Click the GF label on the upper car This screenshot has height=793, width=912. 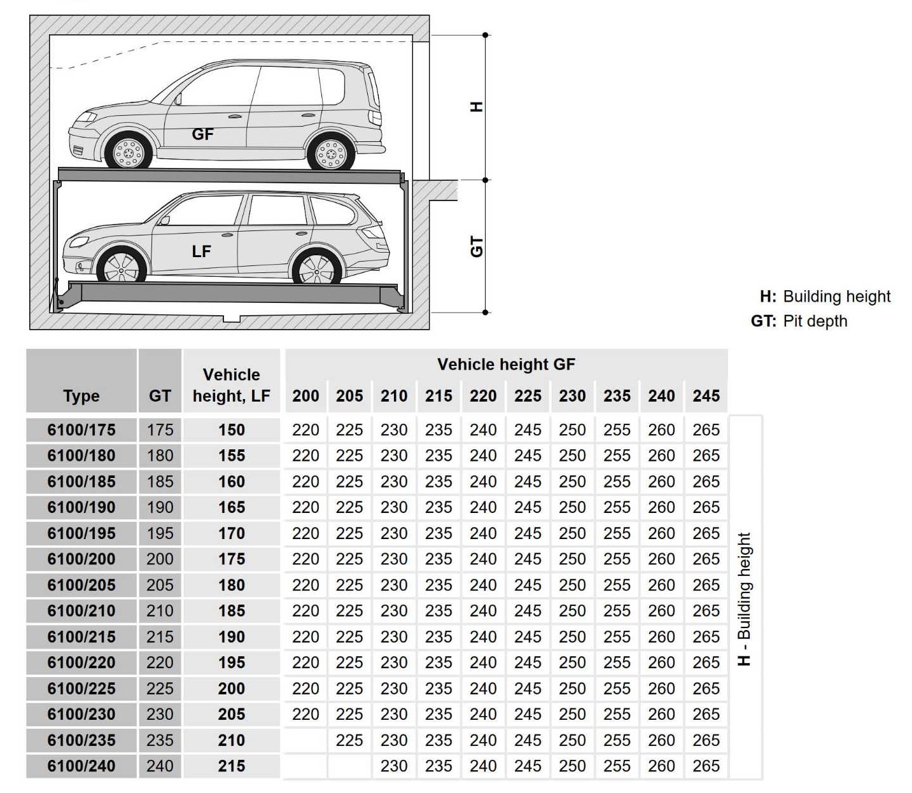[x=202, y=134]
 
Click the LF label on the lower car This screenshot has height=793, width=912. [x=201, y=251]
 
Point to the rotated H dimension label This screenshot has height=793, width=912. [x=476, y=107]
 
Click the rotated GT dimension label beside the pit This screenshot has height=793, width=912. [x=476, y=246]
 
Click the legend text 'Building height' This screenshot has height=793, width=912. [x=836, y=297]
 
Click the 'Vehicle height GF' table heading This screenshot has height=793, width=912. [x=506, y=364]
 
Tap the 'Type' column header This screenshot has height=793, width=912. [x=81, y=396]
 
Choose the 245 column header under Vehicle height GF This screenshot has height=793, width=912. [x=706, y=396]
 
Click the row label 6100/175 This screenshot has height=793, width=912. [x=81, y=430]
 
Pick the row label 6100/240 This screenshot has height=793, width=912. [x=81, y=766]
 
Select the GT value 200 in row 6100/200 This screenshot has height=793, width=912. [x=160, y=559]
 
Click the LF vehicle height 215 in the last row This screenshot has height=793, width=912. [x=231, y=766]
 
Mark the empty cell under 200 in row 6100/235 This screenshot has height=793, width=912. [x=305, y=740]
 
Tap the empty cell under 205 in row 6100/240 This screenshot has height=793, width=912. [x=349, y=766]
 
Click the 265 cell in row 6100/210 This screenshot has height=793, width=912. [x=706, y=611]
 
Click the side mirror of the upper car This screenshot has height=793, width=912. [x=178, y=99]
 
